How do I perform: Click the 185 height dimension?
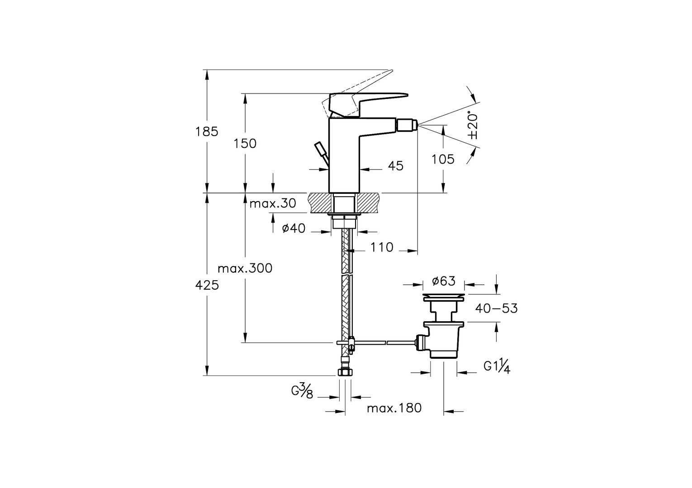[x=207, y=132]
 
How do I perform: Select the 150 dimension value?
[x=245, y=143]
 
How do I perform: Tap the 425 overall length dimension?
[x=207, y=286]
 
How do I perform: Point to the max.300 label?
[x=245, y=268]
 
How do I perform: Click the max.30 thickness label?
[x=273, y=204]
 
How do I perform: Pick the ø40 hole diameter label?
[x=294, y=229]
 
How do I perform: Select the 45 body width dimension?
[x=396, y=166]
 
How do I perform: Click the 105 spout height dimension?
[x=443, y=159]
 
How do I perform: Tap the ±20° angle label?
[x=472, y=125]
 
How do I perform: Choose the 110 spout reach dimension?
[x=382, y=248]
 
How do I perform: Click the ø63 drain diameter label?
[x=443, y=282]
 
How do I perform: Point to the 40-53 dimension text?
[x=496, y=309]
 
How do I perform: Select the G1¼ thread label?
[x=497, y=367]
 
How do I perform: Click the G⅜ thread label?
[x=302, y=391]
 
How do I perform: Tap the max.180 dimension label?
[x=394, y=408]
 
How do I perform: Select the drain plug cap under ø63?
[x=443, y=297]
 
